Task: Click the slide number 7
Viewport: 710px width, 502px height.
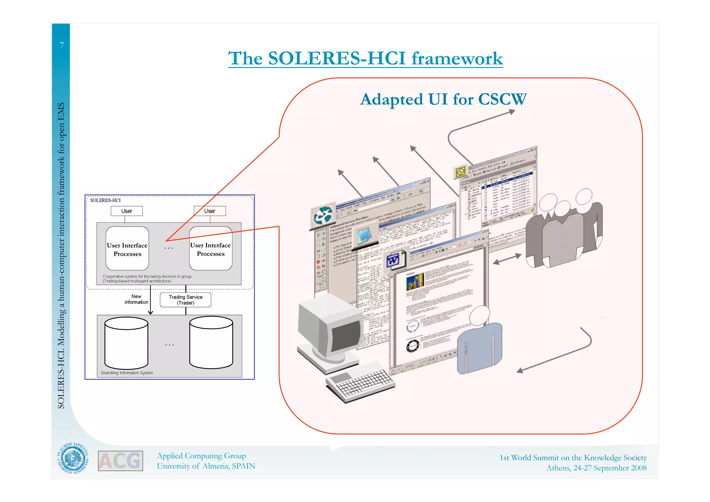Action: [x=62, y=45]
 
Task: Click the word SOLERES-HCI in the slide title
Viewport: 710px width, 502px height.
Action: [x=336, y=58]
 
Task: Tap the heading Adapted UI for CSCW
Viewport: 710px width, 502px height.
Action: [x=443, y=99]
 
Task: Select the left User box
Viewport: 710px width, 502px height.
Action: [x=127, y=211]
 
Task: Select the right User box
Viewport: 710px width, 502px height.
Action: [x=210, y=211]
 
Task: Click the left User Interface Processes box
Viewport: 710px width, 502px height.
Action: [x=127, y=249]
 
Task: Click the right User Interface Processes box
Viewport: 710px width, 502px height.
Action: [x=211, y=249]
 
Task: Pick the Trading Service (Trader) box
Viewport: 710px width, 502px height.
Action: [x=185, y=300]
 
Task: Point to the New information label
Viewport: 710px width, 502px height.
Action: [x=136, y=299]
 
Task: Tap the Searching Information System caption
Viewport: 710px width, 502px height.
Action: [x=127, y=373]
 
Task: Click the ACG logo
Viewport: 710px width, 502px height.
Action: [x=120, y=461]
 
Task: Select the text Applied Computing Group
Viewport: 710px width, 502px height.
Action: [x=201, y=456]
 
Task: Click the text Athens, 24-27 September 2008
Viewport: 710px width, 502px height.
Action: [x=596, y=468]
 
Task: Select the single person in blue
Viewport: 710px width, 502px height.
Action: [x=480, y=343]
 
